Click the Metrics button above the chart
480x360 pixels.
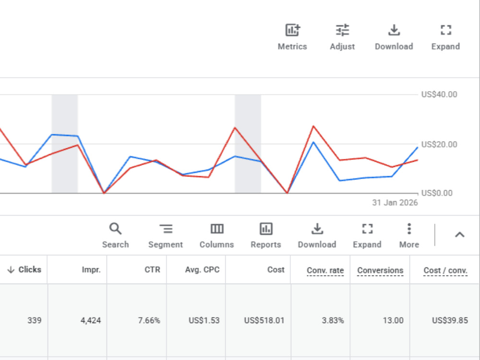tap(292, 37)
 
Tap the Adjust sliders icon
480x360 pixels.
tap(342, 30)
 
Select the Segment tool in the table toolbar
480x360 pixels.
tap(166, 235)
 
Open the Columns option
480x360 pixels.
tap(217, 235)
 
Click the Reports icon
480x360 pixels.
tap(266, 229)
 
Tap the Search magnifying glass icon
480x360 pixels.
tap(115, 228)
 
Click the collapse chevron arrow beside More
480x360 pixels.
tap(459, 235)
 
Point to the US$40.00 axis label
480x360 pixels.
tap(439, 94)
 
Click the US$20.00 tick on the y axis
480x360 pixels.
tap(439, 144)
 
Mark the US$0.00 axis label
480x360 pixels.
tap(437, 193)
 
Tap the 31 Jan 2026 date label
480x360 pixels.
tap(395, 203)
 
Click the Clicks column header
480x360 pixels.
tap(24, 270)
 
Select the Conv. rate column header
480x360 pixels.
tap(325, 270)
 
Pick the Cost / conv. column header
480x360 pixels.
tap(445, 270)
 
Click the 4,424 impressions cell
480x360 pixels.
tap(91, 321)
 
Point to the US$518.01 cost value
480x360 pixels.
tap(264, 321)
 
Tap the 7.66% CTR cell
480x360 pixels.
tap(149, 321)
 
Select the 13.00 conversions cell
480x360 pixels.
tap(393, 321)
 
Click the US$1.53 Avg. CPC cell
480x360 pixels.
tap(204, 321)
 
